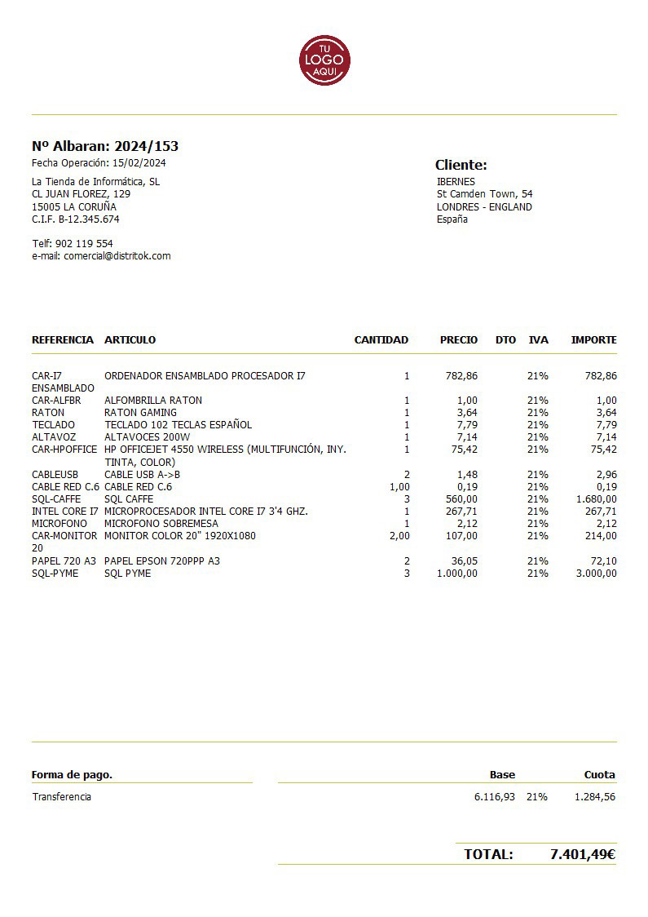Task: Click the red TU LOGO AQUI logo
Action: [324, 60]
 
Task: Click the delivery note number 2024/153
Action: [146, 147]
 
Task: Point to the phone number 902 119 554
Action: [84, 244]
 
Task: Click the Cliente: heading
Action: [461, 165]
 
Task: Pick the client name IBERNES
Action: [456, 182]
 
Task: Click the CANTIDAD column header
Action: [381, 340]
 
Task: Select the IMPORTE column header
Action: [593, 340]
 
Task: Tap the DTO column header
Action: [505, 340]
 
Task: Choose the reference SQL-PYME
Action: [56, 574]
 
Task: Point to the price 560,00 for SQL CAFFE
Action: [461, 499]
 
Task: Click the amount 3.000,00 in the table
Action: [596, 574]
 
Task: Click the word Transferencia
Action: [62, 797]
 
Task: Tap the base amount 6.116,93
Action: [494, 797]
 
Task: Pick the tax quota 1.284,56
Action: [594, 797]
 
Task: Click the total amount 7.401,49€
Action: [582, 855]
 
